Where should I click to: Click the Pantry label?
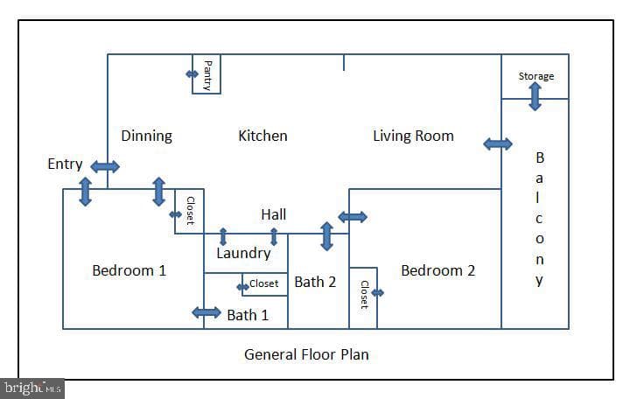tap(207, 75)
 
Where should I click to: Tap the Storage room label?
tap(536, 76)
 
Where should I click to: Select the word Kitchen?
tap(262, 136)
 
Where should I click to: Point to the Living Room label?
tap(413, 136)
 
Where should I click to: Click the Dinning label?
tap(147, 136)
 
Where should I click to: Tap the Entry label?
tap(65, 164)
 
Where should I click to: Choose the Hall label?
tap(274, 214)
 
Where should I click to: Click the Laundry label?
tap(243, 253)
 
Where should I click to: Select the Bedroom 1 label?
tap(129, 270)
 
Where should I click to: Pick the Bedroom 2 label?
tap(438, 270)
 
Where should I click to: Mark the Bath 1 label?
tap(248, 315)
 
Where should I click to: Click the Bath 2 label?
tap(315, 282)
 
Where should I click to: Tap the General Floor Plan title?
tap(306, 354)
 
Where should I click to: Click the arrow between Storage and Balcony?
tap(535, 96)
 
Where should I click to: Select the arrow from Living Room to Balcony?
tap(498, 143)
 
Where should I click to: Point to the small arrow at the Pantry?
tap(192, 73)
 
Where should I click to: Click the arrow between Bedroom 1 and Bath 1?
tap(206, 312)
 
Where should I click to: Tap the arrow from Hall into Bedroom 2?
tap(353, 217)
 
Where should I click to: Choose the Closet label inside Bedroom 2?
tap(364, 295)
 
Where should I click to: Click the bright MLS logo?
tap(32, 388)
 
